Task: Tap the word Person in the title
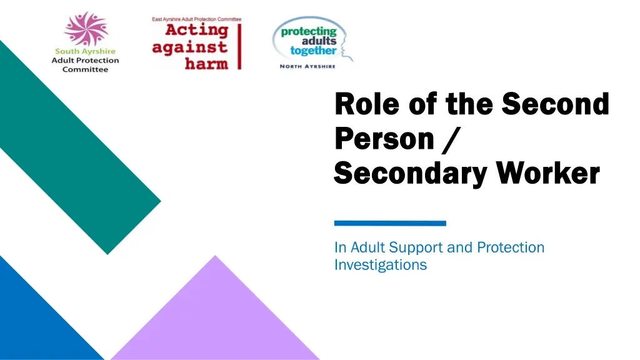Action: coord(384,139)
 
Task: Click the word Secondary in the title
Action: coord(409,173)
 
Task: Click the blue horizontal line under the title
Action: coord(390,222)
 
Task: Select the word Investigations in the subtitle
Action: coord(380,265)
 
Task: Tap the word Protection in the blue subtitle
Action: coord(511,247)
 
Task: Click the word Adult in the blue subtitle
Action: coord(368,247)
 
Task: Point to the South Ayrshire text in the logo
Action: coord(86,52)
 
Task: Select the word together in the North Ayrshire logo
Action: coord(313,51)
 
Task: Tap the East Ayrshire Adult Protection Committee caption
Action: coord(196,19)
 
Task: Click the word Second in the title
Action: coord(555,104)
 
